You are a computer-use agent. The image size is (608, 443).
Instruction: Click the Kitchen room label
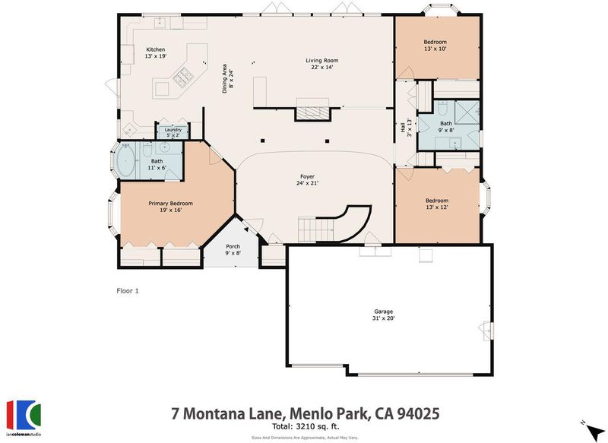[x=156, y=49]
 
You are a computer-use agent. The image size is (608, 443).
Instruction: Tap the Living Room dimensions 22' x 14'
[x=321, y=67]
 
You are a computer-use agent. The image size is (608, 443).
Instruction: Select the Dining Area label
[x=224, y=79]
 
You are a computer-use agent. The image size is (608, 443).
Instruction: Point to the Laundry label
[x=173, y=130]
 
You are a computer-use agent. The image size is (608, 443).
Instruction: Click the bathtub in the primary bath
[x=125, y=160]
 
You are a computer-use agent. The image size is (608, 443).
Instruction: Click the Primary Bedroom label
[x=170, y=204]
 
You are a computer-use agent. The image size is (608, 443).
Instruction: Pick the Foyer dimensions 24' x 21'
[x=308, y=183]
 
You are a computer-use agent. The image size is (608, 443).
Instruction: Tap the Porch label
[x=233, y=246]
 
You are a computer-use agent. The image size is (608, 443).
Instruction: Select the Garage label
[x=384, y=312]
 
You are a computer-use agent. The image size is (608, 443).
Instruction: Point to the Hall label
[x=403, y=127]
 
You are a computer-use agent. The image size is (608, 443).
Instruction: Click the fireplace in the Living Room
[x=313, y=112]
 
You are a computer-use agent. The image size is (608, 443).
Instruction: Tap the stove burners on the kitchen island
[x=183, y=76]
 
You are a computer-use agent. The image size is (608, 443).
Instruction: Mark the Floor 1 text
[x=128, y=291]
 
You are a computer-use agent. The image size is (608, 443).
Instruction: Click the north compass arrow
[x=594, y=431]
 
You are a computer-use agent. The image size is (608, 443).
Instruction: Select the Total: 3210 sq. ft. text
[x=306, y=427]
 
